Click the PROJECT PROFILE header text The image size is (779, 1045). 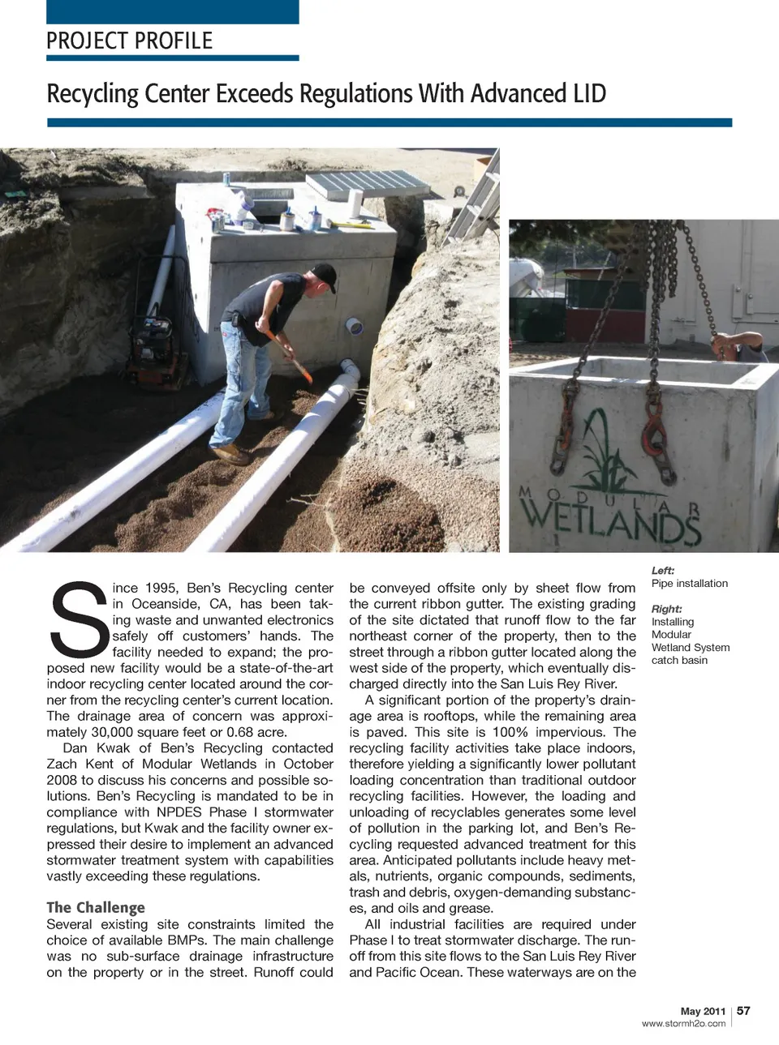[130, 41]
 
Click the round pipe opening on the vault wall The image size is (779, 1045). [355, 327]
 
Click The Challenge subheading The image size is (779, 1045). [96, 907]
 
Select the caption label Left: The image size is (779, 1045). [663, 571]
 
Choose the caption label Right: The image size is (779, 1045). [667, 609]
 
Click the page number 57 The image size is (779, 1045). [743, 1010]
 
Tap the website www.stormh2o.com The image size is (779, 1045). [683, 1023]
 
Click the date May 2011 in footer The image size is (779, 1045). [703, 1011]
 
